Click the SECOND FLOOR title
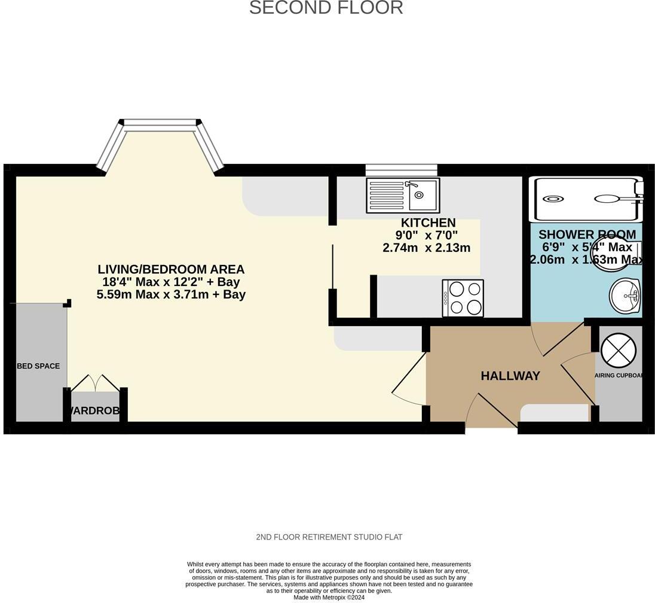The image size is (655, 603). pyautogui.click(x=326, y=8)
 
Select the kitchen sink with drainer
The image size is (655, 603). pyautogui.click(x=403, y=195)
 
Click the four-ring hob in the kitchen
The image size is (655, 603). pyautogui.click(x=463, y=298)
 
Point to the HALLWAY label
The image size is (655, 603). pyautogui.click(x=510, y=376)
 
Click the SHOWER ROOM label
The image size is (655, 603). pyautogui.click(x=586, y=234)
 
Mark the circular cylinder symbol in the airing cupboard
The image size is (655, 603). pyautogui.click(x=619, y=350)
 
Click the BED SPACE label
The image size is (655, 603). pyautogui.click(x=38, y=366)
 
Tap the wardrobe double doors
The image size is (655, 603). pyautogui.click(x=96, y=383)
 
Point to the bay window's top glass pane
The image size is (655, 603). pyautogui.click(x=160, y=124)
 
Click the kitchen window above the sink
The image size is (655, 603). pyautogui.click(x=401, y=170)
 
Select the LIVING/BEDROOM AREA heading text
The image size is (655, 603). pyautogui.click(x=171, y=270)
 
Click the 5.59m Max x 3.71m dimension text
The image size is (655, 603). pyautogui.click(x=171, y=294)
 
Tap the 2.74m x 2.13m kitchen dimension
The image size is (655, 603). pyautogui.click(x=426, y=248)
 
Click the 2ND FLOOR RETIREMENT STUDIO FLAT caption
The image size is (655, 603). pyautogui.click(x=329, y=537)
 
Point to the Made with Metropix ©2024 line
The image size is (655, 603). pyautogui.click(x=329, y=597)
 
